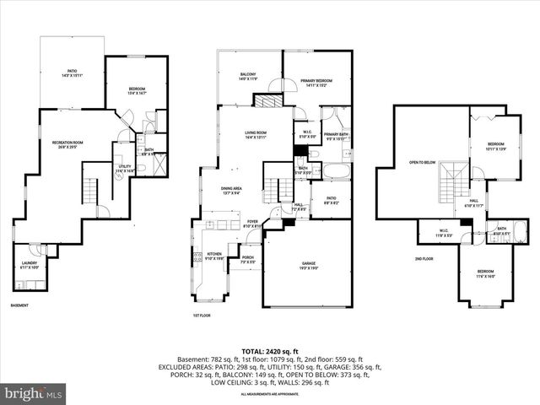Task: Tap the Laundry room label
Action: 29,265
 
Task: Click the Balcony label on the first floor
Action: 248,77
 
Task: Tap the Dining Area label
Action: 232,191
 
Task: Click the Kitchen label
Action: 215,256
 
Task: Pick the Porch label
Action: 248,260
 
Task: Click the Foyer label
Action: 252,224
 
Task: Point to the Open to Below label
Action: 422,162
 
